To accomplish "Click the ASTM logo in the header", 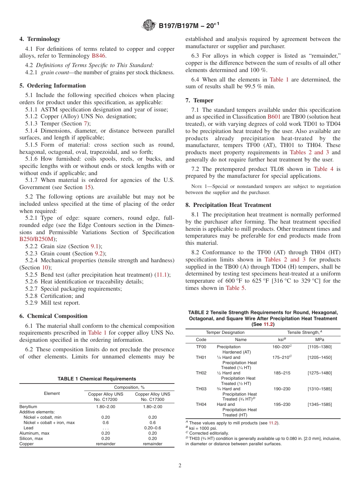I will click(x=149, y=25).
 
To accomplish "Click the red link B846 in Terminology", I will click(x=99, y=56).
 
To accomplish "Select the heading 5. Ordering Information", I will click(x=53, y=86).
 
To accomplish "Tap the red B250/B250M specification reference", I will click(x=37, y=239).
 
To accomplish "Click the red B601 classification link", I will click(x=274, y=117).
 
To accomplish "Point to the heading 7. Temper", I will click(x=199, y=100).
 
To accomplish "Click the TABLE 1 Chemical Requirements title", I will click(x=97, y=379).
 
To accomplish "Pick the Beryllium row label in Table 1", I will click(x=28, y=406).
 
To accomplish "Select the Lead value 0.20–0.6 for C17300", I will click(x=152, y=427).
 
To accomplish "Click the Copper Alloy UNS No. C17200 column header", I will click(x=106, y=397).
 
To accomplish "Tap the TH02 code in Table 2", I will click(x=201, y=373).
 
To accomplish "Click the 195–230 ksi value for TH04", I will click(x=282, y=404).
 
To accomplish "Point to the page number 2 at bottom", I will click(x=180, y=466).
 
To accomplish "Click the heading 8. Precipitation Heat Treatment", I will click(x=229, y=205).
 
